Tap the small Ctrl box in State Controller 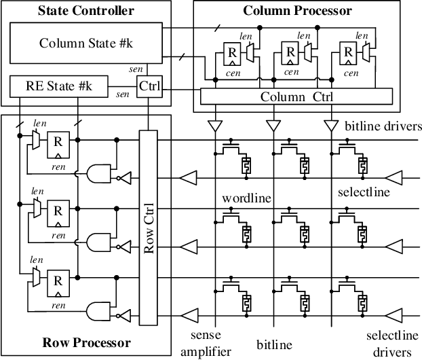coord(148,88)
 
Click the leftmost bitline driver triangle coord(215,126)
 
